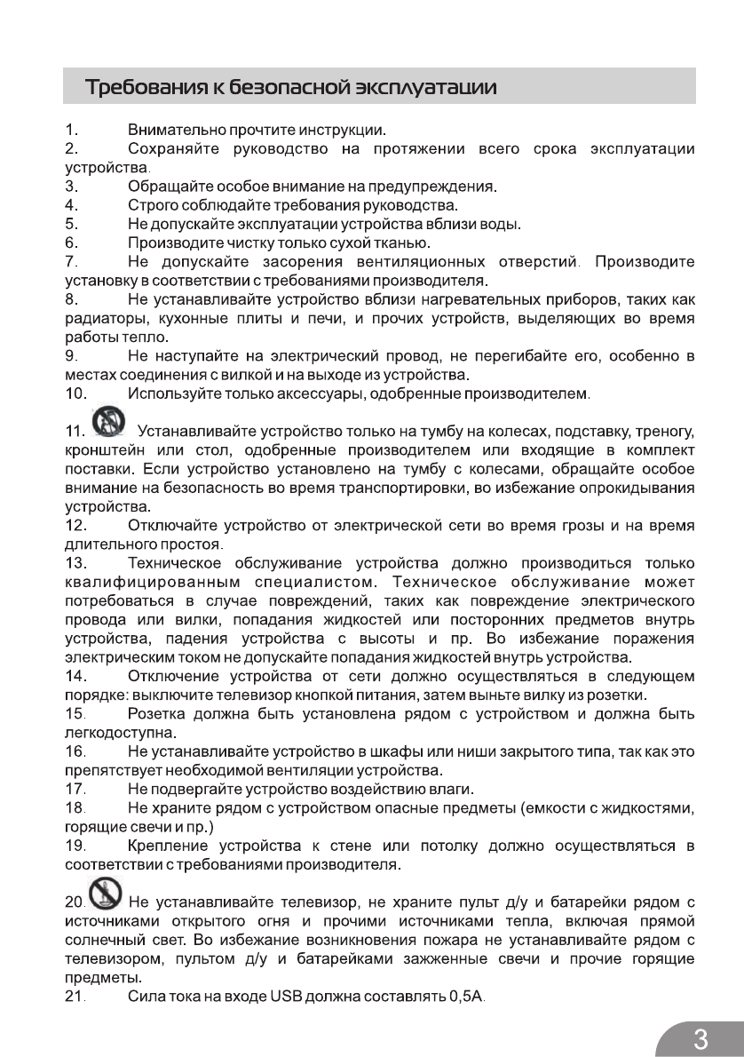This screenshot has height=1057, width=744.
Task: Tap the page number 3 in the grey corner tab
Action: (x=700, y=1037)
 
